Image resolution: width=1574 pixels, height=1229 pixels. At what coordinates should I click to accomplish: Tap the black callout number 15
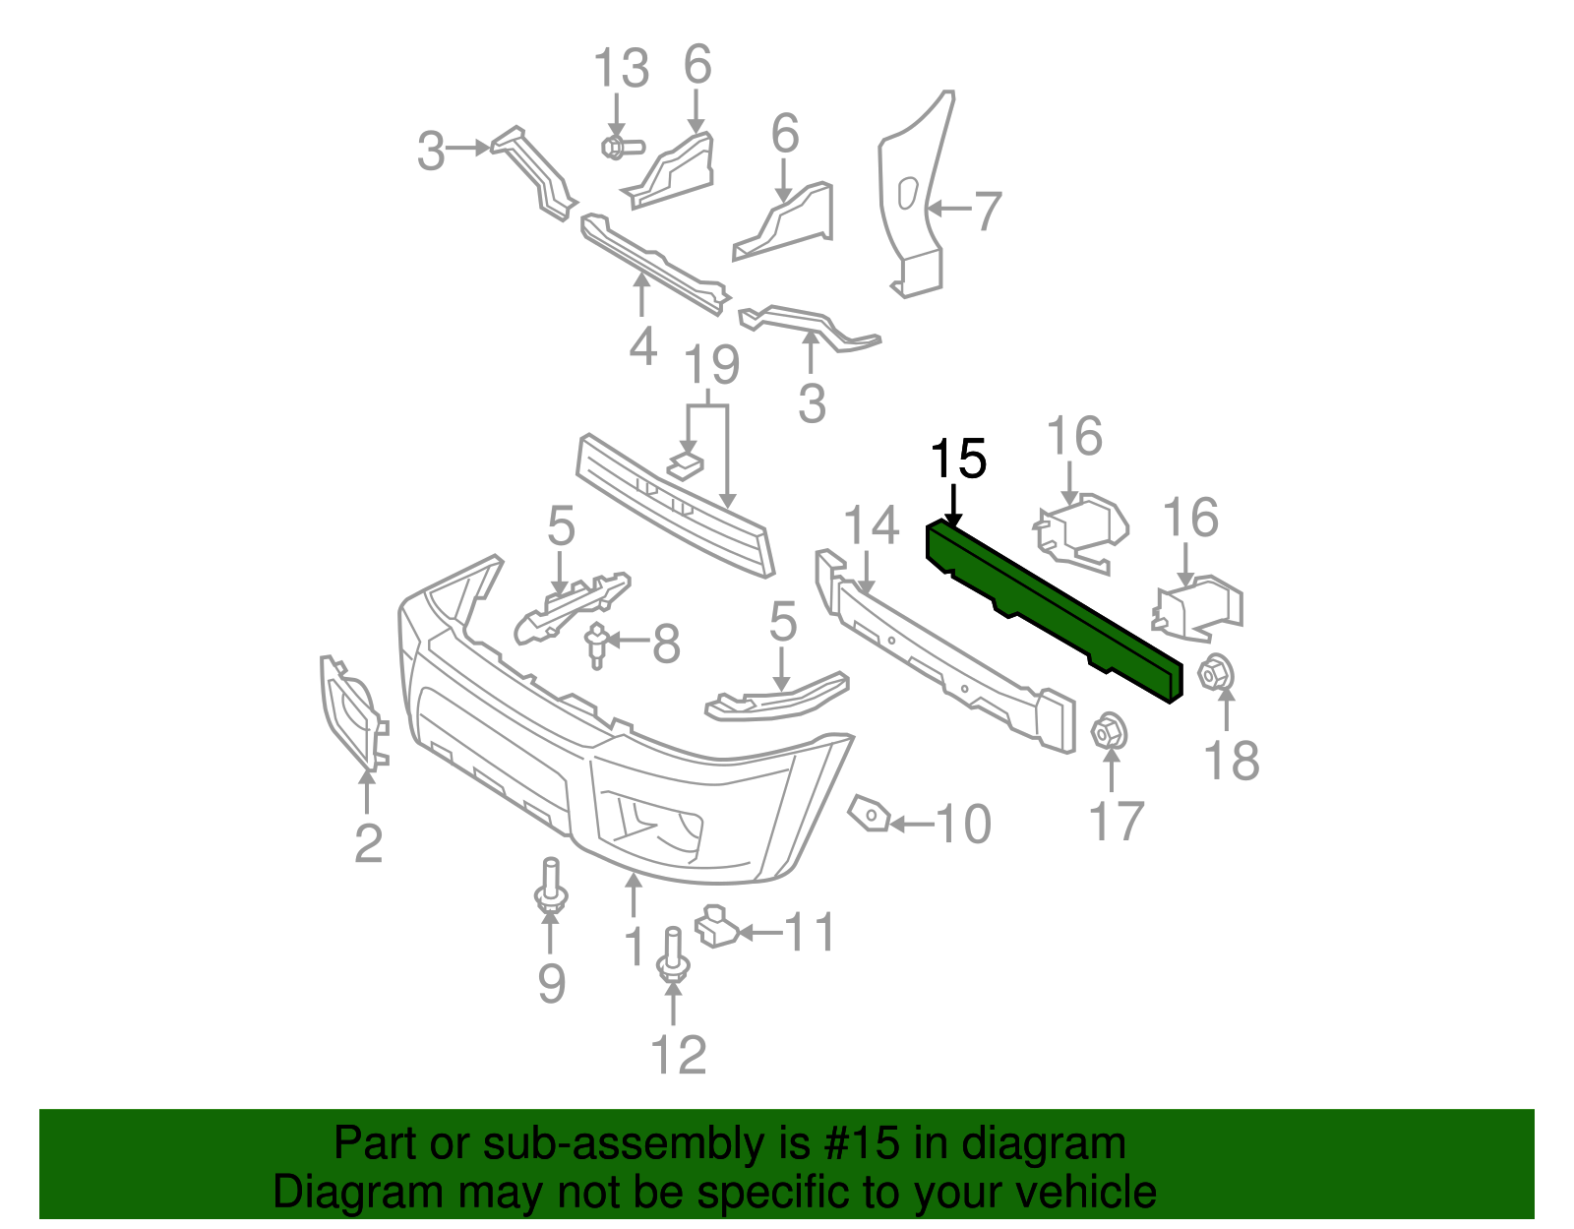tap(957, 460)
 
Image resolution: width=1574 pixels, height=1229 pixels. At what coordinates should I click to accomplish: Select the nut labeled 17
tap(1109, 731)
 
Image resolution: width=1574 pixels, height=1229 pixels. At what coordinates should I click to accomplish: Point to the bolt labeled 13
tap(618, 148)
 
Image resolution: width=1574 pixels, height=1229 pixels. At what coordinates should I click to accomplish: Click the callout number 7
tap(986, 211)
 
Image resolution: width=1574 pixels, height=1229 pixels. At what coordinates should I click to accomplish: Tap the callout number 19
tap(711, 366)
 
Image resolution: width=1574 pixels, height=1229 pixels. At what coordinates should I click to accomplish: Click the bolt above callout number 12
tap(673, 953)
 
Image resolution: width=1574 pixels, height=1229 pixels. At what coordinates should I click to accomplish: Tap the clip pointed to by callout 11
tap(716, 927)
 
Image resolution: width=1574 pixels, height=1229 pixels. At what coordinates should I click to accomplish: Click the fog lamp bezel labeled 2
tap(350, 710)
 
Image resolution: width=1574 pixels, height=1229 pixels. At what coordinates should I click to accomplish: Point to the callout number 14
tap(872, 525)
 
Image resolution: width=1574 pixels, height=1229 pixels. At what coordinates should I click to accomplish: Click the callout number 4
tap(642, 346)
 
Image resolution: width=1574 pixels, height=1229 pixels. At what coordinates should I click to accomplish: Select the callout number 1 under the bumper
tap(635, 947)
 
